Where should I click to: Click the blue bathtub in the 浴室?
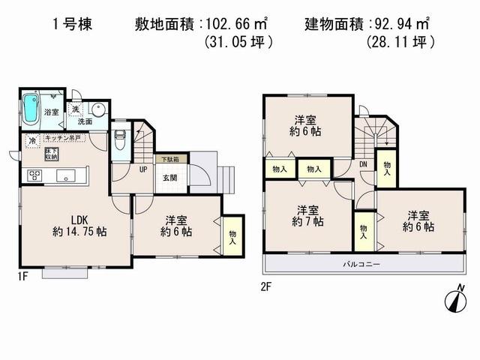[31, 110]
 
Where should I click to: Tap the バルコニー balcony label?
[361, 265]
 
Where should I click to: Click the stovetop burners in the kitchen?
[34, 175]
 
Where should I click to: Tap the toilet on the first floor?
[120, 139]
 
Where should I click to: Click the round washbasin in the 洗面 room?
[99, 110]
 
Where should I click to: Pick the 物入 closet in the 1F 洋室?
[231, 238]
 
